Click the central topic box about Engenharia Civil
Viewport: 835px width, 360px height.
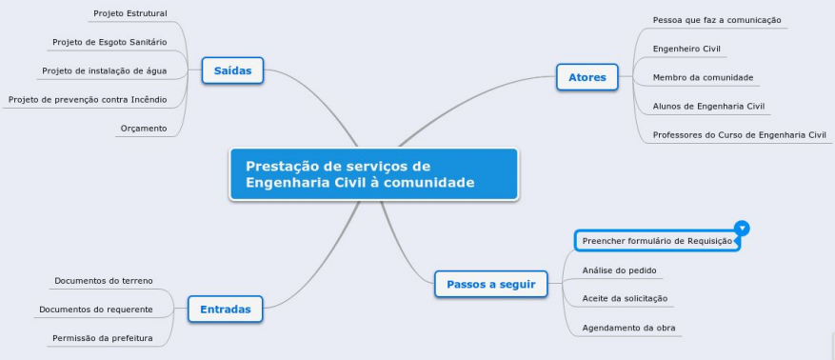373,173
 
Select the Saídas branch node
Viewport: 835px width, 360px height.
232,70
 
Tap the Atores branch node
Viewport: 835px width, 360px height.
586,77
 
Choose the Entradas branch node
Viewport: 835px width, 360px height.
225,309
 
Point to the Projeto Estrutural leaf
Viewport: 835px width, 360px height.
129,14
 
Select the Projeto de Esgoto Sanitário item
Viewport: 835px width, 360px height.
109,42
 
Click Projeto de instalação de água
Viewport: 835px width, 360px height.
105,70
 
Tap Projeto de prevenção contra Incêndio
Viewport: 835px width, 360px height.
88,99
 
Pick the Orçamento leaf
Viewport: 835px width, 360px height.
144,128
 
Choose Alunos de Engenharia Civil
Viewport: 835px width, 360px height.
710,106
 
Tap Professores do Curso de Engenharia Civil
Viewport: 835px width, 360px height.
739,135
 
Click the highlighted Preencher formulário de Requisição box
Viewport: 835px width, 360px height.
656,241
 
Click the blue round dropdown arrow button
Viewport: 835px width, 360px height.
743,228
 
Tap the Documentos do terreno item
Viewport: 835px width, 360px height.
104,281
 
